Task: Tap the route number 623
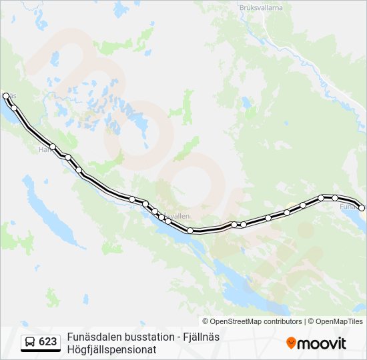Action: tap(48, 342)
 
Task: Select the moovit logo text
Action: tap(322, 343)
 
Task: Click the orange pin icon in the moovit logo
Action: tap(291, 343)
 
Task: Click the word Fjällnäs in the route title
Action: tap(202, 337)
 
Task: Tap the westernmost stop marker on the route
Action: tap(6, 96)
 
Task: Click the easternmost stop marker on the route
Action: tap(362, 208)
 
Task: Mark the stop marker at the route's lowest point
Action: tap(190, 231)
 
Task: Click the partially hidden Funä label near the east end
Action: tap(348, 207)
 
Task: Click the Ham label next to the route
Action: tap(44, 150)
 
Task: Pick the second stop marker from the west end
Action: tap(13, 108)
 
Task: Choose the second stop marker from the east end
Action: tap(335, 197)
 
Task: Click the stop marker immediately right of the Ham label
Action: tap(53, 147)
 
